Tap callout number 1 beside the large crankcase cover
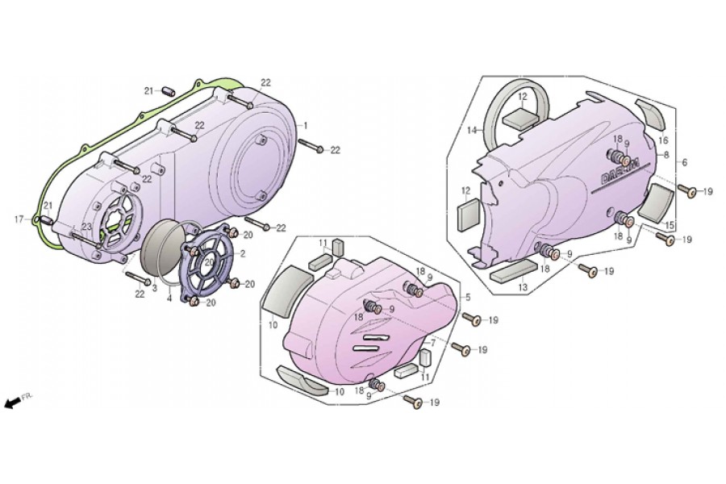click(x=306, y=127)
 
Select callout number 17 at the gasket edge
click(x=18, y=219)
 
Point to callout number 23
click(x=86, y=227)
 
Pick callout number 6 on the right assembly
click(x=684, y=162)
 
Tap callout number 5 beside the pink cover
click(x=468, y=297)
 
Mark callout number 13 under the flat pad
click(x=522, y=286)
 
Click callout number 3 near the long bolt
click(x=153, y=288)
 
